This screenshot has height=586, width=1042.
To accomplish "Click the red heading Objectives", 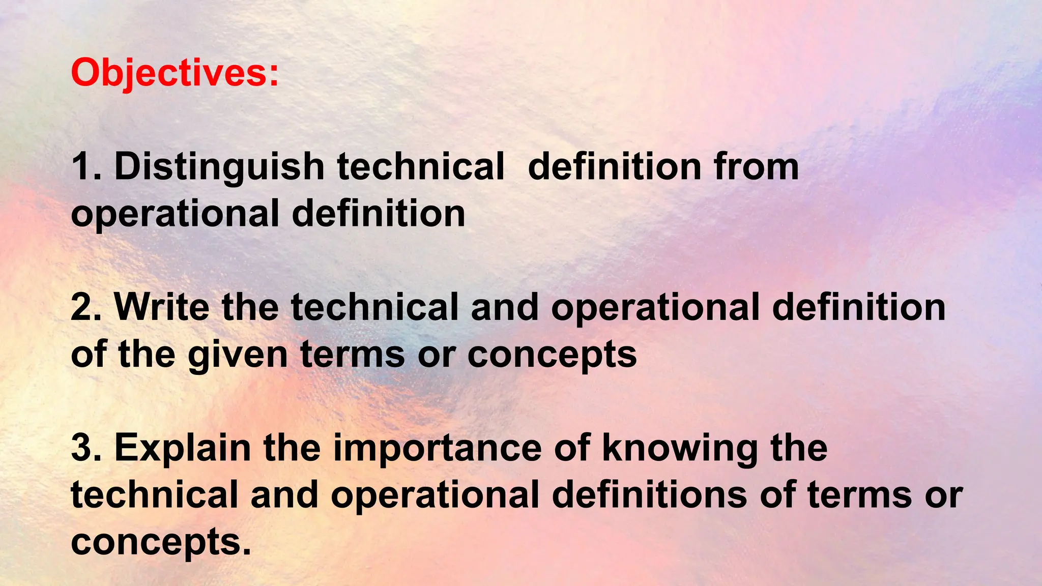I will tap(175, 73).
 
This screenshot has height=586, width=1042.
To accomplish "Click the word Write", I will tap(161, 307).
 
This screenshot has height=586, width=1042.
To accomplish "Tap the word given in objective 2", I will tap(238, 355).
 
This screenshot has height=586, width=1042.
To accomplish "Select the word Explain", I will tap(182, 448).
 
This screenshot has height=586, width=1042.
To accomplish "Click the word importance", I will tap(437, 448).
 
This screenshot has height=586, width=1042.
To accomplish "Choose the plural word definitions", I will tap(649, 495).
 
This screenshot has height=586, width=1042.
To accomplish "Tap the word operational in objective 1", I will tap(175, 214).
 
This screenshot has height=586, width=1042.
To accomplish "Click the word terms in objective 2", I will tap(352, 355).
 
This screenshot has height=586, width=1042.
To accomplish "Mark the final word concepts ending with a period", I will tap(161, 542).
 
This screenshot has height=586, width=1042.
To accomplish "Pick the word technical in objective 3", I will tap(154, 495).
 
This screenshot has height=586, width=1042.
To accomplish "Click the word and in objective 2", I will tap(504, 307).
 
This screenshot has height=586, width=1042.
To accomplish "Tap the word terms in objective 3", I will tap(859, 495).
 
